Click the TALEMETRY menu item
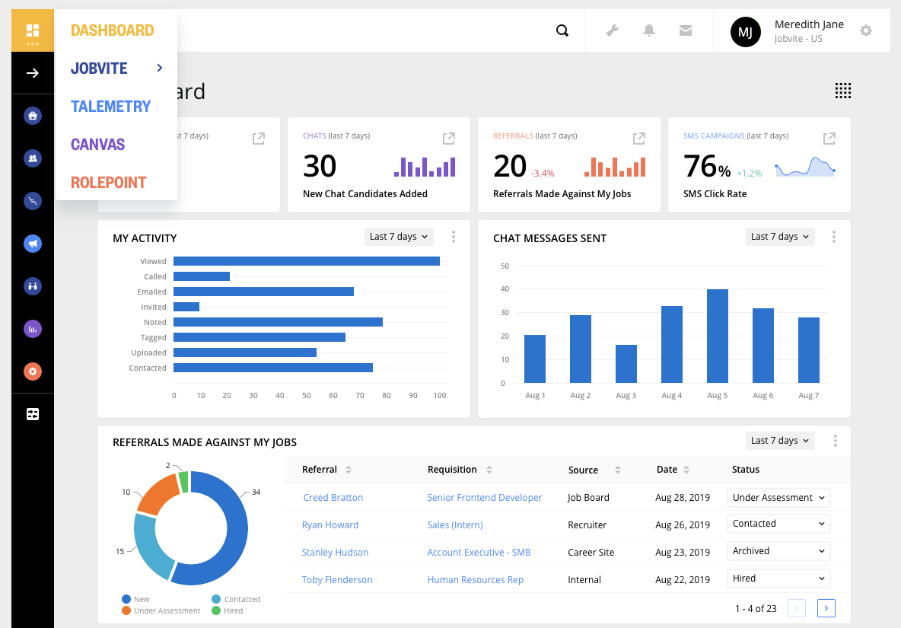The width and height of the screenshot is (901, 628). tap(111, 107)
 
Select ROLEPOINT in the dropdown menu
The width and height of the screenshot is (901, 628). tap(108, 183)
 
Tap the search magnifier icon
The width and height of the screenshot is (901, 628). tap(562, 30)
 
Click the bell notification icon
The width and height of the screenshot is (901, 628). tap(649, 30)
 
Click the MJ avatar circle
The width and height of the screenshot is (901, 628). tap(745, 31)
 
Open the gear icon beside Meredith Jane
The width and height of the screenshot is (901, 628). tap(865, 30)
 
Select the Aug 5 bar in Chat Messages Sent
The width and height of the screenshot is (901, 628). tap(717, 336)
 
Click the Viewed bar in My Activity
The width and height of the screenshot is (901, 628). tap(306, 261)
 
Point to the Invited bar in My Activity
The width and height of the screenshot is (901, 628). tap(186, 307)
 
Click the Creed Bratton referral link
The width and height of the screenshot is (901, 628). tap(333, 498)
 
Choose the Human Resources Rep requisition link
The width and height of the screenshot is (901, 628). tap(475, 580)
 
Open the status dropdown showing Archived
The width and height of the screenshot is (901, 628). tap(778, 551)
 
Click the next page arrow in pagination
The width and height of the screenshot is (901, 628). tap(826, 608)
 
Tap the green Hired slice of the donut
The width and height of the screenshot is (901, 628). tap(183, 482)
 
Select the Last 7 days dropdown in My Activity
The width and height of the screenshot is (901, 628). tap(399, 237)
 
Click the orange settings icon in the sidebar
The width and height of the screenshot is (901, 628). tap(33, 371)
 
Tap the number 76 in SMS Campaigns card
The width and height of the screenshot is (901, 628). tap(700, 166)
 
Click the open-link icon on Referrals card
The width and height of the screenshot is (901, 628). tap(639, 139)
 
